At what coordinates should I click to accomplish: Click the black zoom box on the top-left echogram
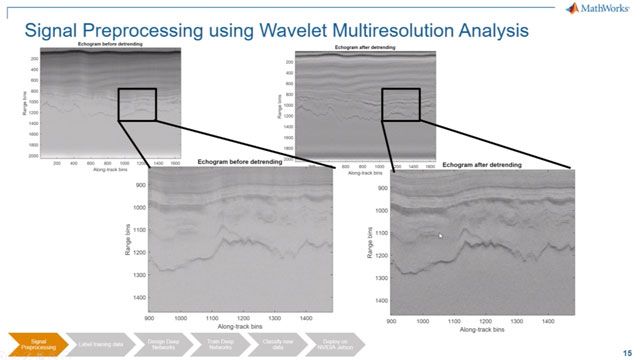coord(137,104)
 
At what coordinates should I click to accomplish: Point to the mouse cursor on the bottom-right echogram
coord(440,236)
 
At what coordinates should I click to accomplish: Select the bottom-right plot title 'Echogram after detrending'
coord(482,165)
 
